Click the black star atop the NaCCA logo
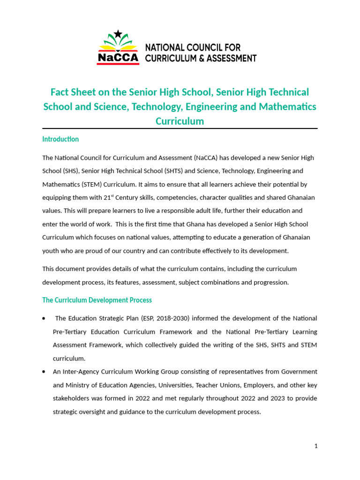118,33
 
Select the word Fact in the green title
60,92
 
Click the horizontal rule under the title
180,128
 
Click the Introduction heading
60,139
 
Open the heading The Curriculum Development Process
97,300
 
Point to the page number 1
316,446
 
